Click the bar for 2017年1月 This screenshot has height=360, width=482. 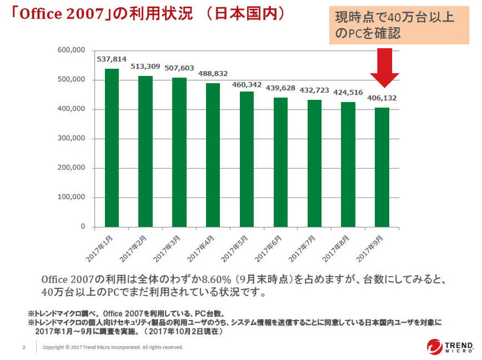point(111,148)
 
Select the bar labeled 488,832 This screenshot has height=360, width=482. point(213,155)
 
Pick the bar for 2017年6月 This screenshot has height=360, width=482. point(281,163)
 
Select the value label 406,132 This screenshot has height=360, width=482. point(382,98)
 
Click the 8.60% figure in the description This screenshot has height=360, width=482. point(199,280)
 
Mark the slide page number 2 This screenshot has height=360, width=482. point(23,347)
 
